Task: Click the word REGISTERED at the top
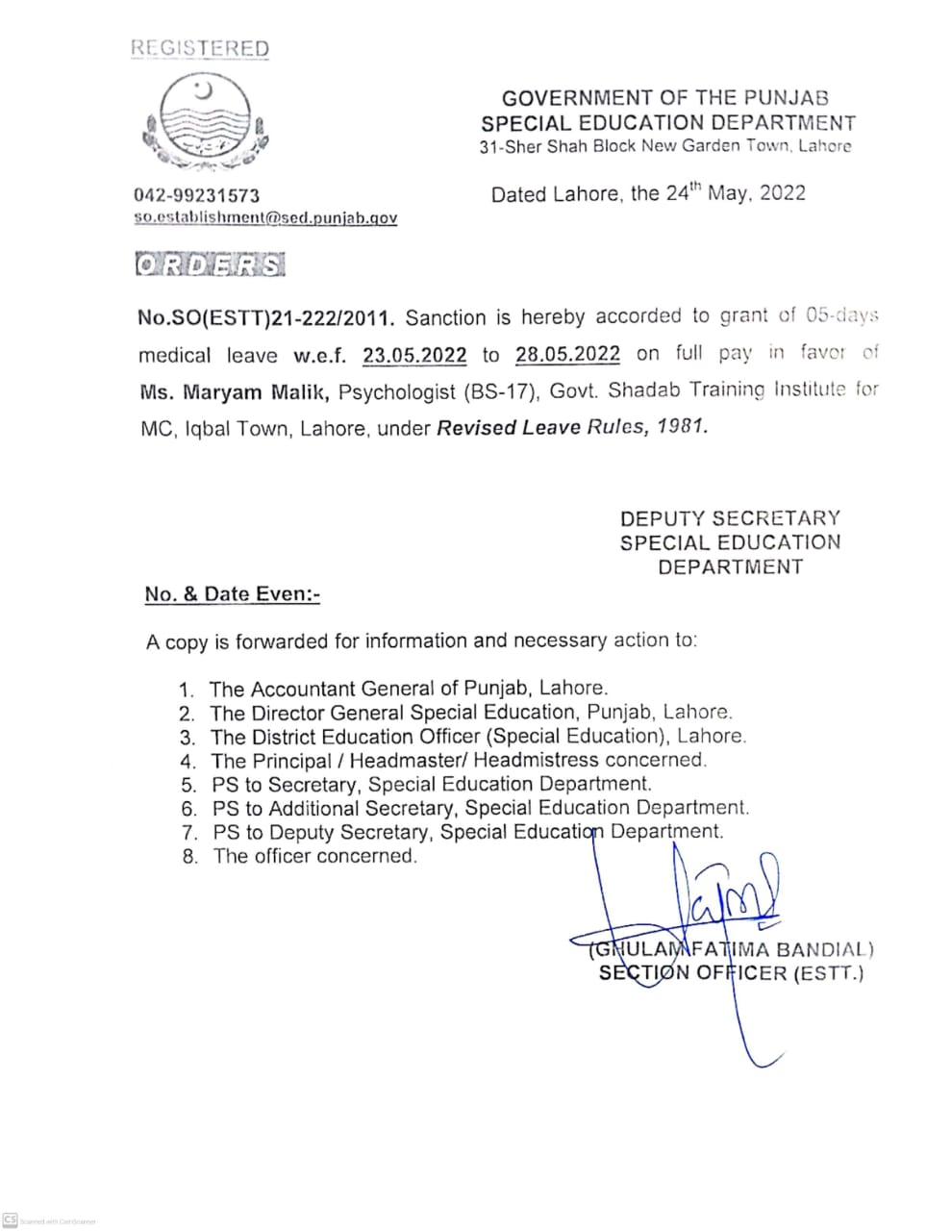200,48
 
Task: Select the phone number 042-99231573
196,195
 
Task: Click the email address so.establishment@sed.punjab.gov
265,218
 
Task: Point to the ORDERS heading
211,264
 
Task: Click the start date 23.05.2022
414,355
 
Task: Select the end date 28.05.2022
567,354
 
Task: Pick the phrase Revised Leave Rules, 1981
572,427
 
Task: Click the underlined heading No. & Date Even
232,594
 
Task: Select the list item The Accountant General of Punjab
408,689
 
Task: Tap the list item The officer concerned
314,856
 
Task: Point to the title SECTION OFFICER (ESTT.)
731,973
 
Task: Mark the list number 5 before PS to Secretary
188,785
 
